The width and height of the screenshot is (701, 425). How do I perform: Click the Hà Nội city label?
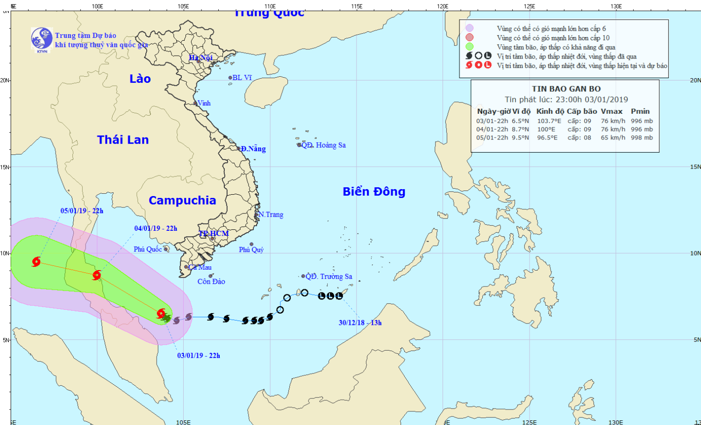200,58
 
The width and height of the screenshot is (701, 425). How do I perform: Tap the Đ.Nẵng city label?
253,149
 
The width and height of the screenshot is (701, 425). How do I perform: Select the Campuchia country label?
182,200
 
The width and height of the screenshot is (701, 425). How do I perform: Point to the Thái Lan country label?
123,139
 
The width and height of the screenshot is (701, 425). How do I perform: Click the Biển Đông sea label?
374,191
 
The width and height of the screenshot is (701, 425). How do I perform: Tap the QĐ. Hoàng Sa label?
323,145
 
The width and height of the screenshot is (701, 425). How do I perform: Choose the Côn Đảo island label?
211,281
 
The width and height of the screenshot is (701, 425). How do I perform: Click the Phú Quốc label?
148,249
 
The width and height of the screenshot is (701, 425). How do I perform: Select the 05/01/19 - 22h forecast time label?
82,211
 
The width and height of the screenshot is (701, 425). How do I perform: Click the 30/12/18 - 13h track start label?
360,322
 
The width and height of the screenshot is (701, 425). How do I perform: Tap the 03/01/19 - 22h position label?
199,355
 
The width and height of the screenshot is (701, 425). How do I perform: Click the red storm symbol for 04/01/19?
97,275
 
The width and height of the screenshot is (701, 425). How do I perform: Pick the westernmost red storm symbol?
36,262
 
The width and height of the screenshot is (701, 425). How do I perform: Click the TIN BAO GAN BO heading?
566,89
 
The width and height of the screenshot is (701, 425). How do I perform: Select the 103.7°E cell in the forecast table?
549,121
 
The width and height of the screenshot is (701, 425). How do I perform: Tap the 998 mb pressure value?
642,138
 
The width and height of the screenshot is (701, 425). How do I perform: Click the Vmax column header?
611,111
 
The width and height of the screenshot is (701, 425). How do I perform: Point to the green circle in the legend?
469,47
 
